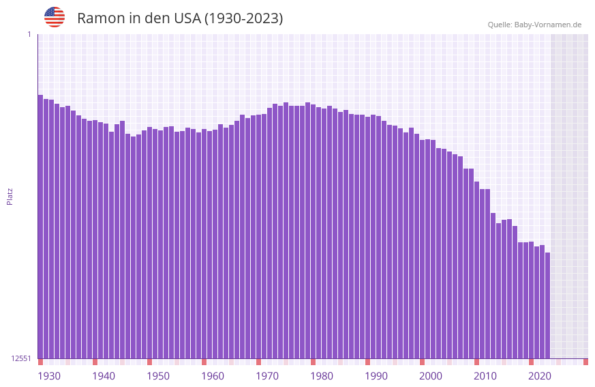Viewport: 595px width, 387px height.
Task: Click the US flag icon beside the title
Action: (55, 17)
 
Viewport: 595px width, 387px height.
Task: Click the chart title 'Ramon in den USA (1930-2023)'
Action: (180, 18)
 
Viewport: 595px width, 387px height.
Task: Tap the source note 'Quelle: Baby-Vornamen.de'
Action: (534, 25)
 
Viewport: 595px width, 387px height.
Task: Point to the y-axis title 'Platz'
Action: (10, 196)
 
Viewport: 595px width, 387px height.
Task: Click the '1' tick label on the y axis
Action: (29, 34)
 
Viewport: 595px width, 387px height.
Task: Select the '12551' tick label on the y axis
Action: (21, 358)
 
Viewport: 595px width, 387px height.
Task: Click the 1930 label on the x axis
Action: (49, 376)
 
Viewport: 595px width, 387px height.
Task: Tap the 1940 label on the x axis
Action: (104, 376)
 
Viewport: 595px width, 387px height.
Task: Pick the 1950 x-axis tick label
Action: (158, 376)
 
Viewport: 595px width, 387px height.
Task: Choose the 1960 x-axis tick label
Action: (213, 376)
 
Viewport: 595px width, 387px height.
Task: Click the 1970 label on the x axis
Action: (267, 376)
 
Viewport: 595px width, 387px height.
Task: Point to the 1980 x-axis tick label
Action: (322, 376)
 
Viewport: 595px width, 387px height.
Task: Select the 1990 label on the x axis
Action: (376, 376)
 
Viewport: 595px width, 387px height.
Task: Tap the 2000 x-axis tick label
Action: (431, 376)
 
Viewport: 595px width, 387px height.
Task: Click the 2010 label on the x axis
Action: (485, 376)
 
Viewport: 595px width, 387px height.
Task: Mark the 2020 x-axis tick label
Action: (540, 376)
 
